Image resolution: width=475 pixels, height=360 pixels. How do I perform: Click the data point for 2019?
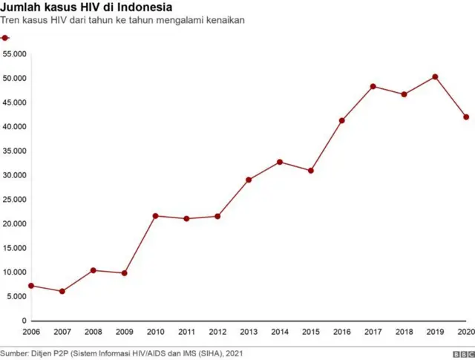[x=435, y=76]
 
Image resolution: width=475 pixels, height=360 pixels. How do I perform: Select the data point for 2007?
[x=62, y=292]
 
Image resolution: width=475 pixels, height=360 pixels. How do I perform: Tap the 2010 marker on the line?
[x=155, y=216]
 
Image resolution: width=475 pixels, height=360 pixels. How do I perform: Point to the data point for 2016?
[x=342, y=120]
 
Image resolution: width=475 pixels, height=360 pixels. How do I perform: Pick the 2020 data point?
[x=466, y=117]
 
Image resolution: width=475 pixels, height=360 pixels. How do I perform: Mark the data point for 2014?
[x=280, y=162]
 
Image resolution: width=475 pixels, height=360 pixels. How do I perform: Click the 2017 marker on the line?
[x=373, y=86]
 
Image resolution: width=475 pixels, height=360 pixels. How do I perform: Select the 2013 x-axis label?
[x=249, y=332]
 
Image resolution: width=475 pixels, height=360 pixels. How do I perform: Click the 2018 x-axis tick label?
[x=404, y=332]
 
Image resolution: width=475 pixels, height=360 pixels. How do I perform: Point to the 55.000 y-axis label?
[x=15, y=54]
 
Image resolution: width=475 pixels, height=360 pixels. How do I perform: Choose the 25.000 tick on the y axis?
[x=15, y=199]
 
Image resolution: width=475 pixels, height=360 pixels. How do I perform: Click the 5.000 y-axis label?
[x=17, y=296]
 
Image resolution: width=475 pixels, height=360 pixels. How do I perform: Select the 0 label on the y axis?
[x=24, y=320]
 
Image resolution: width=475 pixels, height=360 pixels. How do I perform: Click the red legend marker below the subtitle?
[x=5, y=38]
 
